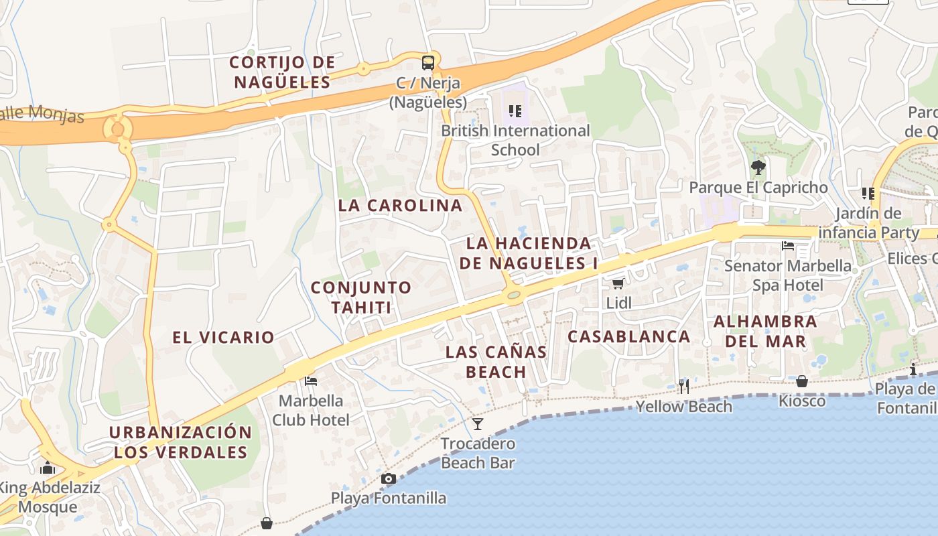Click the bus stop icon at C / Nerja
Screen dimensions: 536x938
pos(428,63)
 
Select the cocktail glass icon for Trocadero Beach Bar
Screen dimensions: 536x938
pos(478,423)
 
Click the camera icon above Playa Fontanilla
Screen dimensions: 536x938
pos(388,478)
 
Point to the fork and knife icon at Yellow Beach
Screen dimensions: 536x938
pos(683,386)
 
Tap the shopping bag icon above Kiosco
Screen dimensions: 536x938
pos(802,381)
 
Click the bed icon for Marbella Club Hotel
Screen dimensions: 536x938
pos(310,381)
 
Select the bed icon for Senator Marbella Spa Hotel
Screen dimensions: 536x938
pos(788,246)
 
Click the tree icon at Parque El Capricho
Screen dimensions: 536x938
pos(758,167)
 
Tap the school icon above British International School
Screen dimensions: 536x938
pos(515,111)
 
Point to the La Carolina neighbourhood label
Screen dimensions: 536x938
pos(401,206)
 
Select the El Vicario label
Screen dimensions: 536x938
pos(224,338)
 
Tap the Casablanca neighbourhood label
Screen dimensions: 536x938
pos(628,336)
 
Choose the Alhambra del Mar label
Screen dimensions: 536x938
pos(765,331)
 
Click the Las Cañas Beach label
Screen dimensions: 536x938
pos(496,361)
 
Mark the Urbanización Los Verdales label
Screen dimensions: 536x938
pos(181,442)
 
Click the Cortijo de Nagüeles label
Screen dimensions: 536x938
pos(281,72)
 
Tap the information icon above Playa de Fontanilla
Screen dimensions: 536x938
pos(913,369)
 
